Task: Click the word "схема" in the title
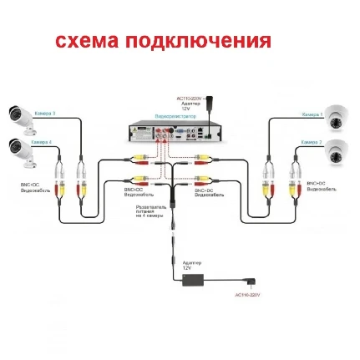[86, 40]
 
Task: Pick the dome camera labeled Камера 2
[336, 152]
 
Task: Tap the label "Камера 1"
[312, 114]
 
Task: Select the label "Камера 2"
[312, 143]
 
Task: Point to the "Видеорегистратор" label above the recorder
[170, 116]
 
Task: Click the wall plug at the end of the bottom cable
[249, 284]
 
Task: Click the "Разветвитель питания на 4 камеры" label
[150, 210]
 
